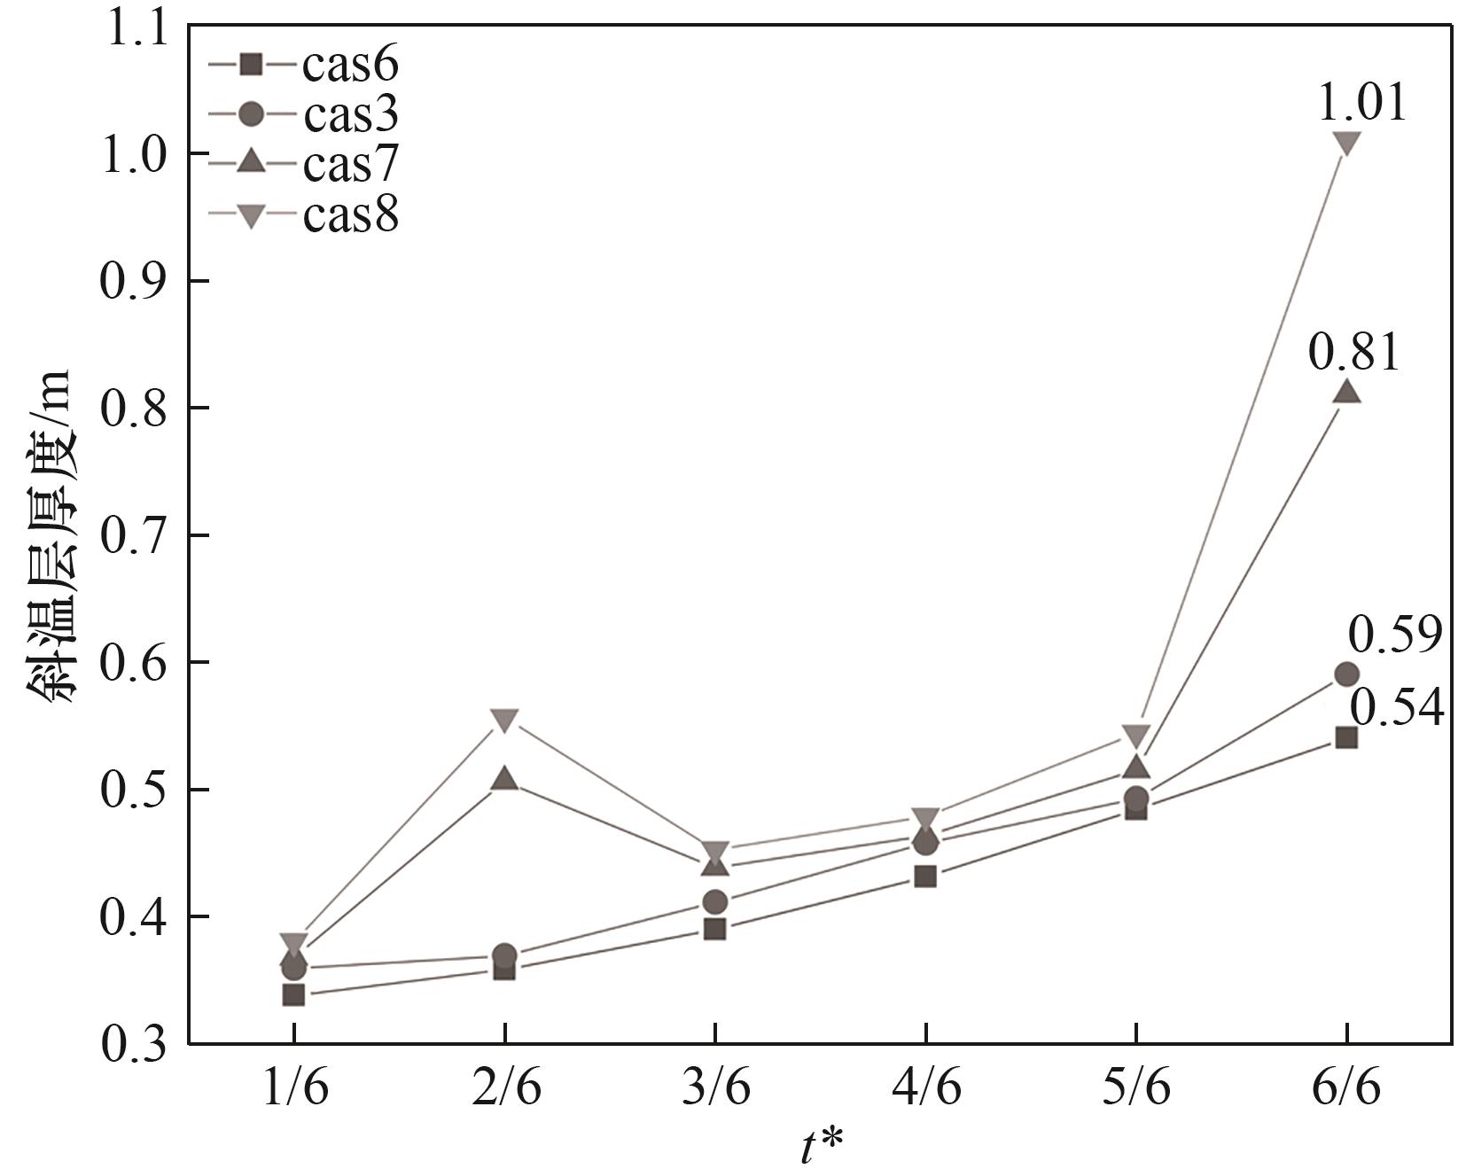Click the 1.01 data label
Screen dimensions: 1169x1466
[1362, 103]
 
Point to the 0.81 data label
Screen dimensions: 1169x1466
[1353, 353]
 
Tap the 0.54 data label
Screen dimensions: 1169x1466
[1397, 708]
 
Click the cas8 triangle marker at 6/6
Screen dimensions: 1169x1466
[1346, 144]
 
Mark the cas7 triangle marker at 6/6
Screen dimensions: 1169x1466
[1346, 391]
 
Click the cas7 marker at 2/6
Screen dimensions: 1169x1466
[504, 779]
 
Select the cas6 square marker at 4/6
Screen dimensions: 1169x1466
[925, 877]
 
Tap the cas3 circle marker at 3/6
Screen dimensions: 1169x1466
[715, 902]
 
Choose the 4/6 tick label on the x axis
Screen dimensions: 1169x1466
[925, 1088]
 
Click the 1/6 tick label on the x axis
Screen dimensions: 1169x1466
[294, 1088]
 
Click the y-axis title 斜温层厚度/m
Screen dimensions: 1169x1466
[51, 535]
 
